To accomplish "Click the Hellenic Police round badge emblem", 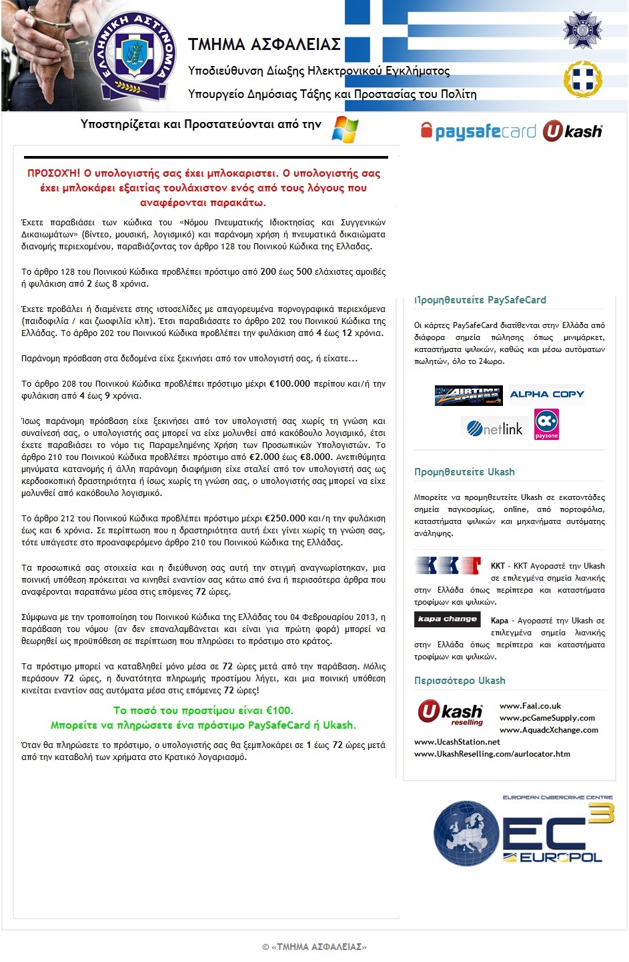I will pyautogui.click(x=136, y=55).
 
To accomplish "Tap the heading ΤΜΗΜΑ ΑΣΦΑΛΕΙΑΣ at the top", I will pyautogui.click(x=264, y=45).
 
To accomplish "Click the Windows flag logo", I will pyautogui.click(x=345, y=129).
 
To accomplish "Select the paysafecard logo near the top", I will pyautogui.click(x=478, y=131).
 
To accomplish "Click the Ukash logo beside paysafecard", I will pyautogui.click(x=572, y=131).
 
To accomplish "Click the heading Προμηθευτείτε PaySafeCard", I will pyautogui.click(x=480, y=300).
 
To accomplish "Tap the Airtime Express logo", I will pyautogui.click(x=468, y=395).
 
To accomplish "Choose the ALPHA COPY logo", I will pyautogui.click(x=546, y=395).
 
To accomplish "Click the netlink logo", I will pyautogui.click(x=495, y=429).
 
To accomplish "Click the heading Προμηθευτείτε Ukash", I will pyautogui.click(x=464, y=472).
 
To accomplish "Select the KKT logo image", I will pyautogui.click(x=448, y=566).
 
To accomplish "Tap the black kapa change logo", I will pyautogui.click(x=447, y=619).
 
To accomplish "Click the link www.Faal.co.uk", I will pyautogui.click(x=530, y=706).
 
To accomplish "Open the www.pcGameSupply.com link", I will pyautogui.click(x=547, y=718).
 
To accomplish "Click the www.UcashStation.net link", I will pyautogui.click(x=457, y=742).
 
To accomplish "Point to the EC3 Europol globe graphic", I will pyautogui.click(x=466, y=833).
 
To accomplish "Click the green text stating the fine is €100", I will pyautogui.click(x=203, y=711).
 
